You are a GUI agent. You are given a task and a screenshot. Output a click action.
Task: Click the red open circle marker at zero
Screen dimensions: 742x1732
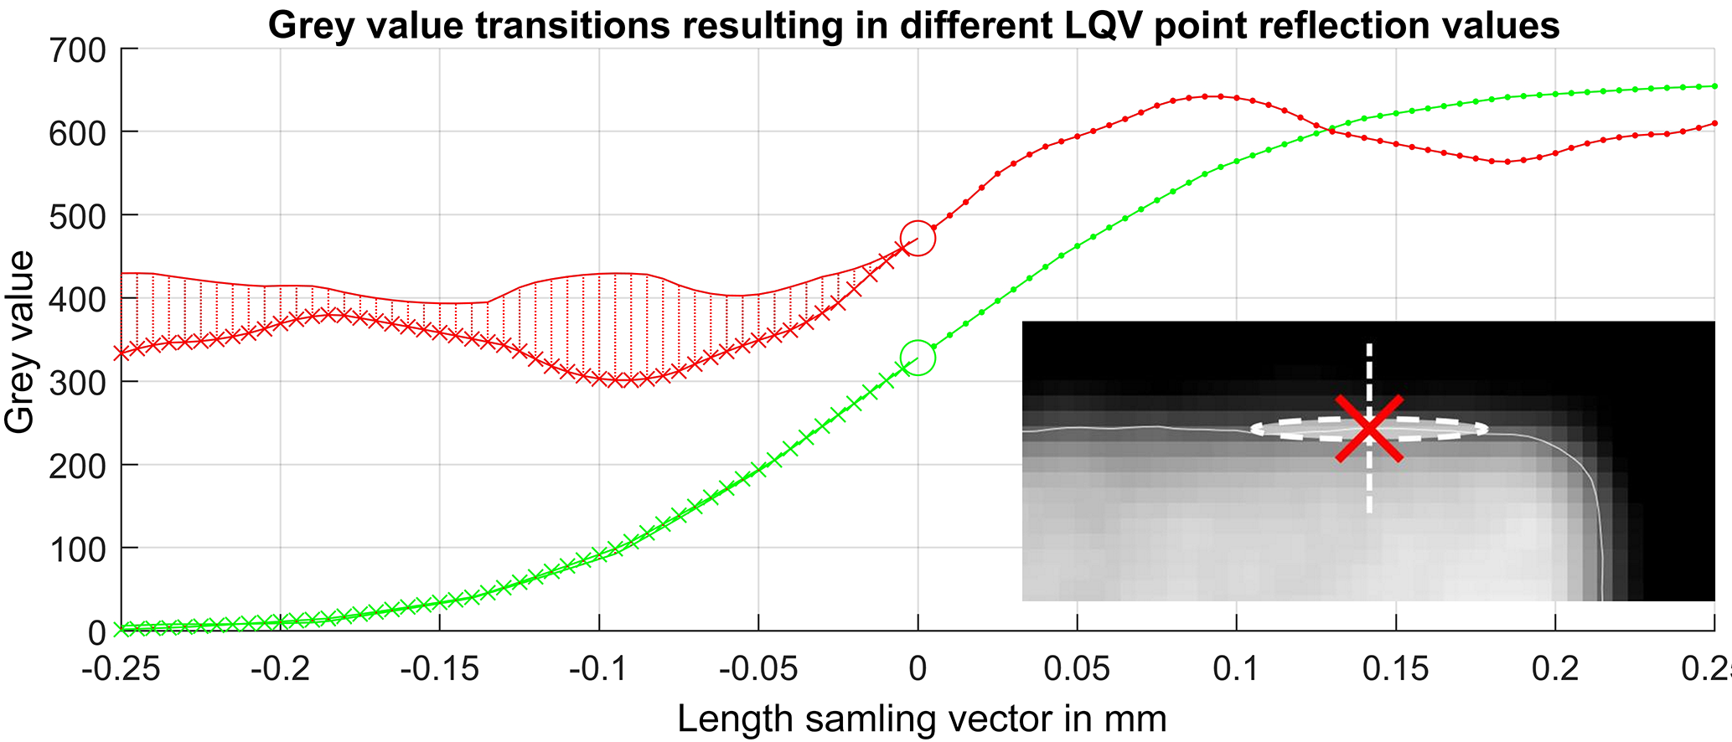(x=918, y=239)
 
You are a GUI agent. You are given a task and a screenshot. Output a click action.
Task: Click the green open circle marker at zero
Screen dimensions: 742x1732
(x=918, y=358)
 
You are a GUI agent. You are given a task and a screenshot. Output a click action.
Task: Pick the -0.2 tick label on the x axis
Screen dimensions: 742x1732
(x=280, y=670)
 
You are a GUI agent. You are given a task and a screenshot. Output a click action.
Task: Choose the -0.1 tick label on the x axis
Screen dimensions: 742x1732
(x=598, y=670)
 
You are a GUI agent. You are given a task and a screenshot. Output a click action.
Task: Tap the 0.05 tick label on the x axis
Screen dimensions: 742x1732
(x=1077, y=670)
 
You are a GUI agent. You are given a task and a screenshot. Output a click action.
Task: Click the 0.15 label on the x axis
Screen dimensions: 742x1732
(x=1396, y=670)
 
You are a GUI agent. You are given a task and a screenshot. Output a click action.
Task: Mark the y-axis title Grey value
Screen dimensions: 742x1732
(x=20, y=342)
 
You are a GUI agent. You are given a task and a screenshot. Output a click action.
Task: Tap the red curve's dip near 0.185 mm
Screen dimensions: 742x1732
(x=1507, y=162)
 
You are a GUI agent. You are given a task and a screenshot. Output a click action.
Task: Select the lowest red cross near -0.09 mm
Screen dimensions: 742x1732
(x=630, y=381)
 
